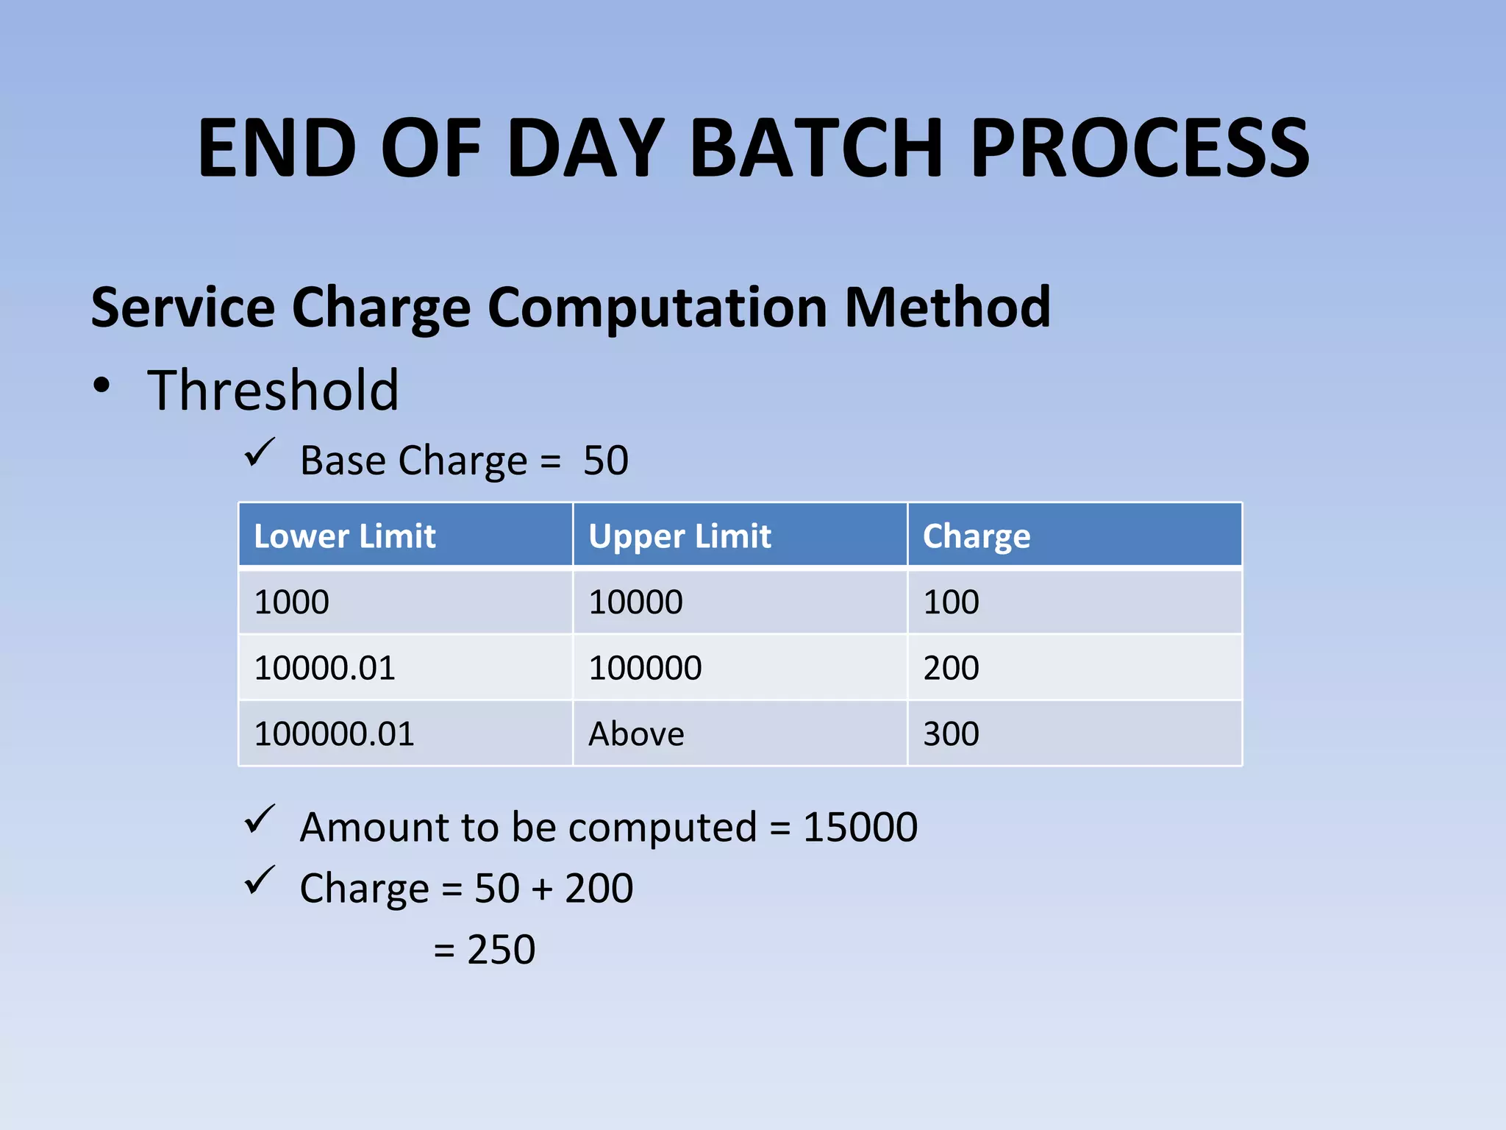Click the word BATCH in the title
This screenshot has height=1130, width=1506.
816,149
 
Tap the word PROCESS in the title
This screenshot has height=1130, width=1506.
1140,149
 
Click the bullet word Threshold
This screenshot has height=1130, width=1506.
273,390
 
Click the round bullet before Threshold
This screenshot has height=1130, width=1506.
102,385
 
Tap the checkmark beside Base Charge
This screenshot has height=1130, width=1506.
259,452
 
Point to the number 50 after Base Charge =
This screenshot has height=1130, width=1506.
605,461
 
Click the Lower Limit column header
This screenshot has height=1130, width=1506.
344,536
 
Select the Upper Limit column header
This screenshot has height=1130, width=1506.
679,536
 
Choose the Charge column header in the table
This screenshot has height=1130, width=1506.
977,536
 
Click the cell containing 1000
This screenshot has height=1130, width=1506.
291,603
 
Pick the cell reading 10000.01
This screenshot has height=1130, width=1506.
324,668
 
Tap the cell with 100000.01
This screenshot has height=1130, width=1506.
334,734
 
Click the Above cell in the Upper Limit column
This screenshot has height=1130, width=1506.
636,734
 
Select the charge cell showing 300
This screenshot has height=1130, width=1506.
951,734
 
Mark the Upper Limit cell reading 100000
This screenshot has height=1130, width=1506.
645,668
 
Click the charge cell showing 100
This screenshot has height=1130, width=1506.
951,603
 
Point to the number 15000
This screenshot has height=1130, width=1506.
860,827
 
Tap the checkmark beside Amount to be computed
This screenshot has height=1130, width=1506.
259,819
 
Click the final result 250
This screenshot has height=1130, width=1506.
501,950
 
